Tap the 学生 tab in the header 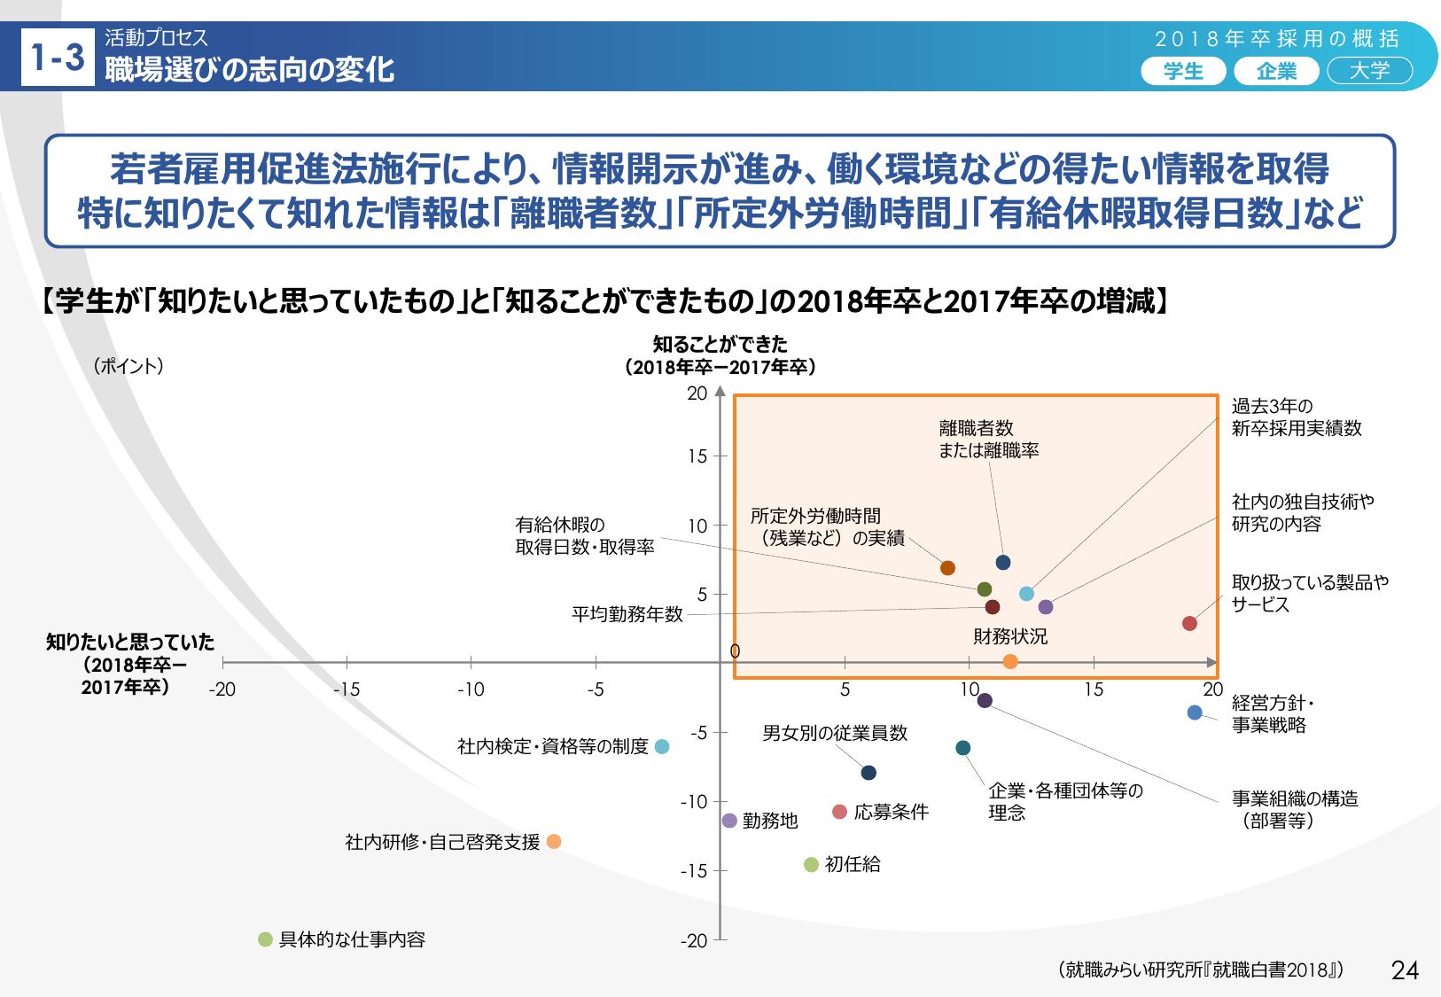click(1183, 72)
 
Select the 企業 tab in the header click(1276, 72)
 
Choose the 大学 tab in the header click(1369, 72)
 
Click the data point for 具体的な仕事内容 click(265, 940)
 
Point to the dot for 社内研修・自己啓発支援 click(554, 842)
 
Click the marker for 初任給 click(811, 865)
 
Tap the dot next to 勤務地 click(729, 821)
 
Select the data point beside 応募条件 click(840, 812)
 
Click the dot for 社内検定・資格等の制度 click(662, 747)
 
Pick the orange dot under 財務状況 click(1010, 661)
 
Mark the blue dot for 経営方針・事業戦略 click(1195, 713)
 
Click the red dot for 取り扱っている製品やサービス click(1189, 624)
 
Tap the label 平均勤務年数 click(627, 614)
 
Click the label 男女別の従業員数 click(835, 733)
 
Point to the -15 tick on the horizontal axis click(346, 689)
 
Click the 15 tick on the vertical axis click(697, 456)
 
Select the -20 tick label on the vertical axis click(694, 941)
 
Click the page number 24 click(1406, 970)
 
